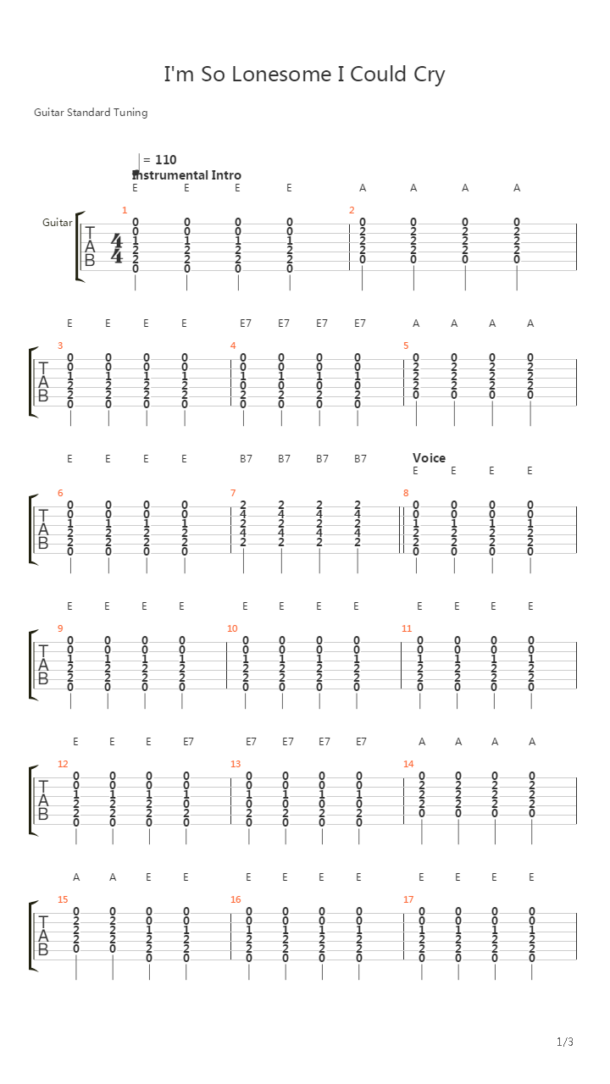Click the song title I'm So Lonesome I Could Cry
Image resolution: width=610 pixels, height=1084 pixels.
pyautogui.click(x=304, y=75)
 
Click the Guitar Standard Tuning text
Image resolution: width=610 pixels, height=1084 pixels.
pyautogui.click(x=91, y=113)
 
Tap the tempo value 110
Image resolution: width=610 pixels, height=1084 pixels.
pyautogui.click(x=165, y=160)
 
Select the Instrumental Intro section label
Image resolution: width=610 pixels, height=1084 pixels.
pyautogui.click(x=187, y=174)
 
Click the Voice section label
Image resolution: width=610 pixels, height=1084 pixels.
pyautogui.click(x=429, y=458)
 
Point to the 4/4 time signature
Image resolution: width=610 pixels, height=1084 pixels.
pyautogui.click(x=117, y=248)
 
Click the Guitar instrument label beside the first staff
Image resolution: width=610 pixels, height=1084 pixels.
pyautogui.click(x=57, y=223)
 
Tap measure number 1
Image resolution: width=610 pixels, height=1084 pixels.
pyautogui.click(x=125, y=210)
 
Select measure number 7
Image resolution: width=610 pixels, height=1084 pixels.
pyautogui.click(x=233, y=493)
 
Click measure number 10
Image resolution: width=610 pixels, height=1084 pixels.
pyautogui.click(x=232, y=628)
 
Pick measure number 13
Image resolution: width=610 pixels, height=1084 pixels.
pyautogui.click(x=236, y=764)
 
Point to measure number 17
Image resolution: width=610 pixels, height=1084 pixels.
pyautogui.click(x=408, y=899)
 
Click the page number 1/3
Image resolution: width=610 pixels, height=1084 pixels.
pyautogui.click(x=565, y=1042)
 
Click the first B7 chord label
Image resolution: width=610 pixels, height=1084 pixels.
pyautogui.click(x=246, y=459)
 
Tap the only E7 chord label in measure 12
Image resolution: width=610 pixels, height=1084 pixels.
pyautogui.click(x=188, y=741)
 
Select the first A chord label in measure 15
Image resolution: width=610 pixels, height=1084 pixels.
pyautogui.click(x=76, y=877)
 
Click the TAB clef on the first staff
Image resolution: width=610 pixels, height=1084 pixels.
pyautogui.click(x=90, y=246)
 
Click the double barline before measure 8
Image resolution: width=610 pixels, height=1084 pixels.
pyautogui.click(x=401, y=529)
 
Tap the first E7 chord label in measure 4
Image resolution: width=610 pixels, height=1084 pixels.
pyautogui.click(x=246, y=324)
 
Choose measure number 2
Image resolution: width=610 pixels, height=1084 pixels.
pyautogui.click(x=352, y=210)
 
